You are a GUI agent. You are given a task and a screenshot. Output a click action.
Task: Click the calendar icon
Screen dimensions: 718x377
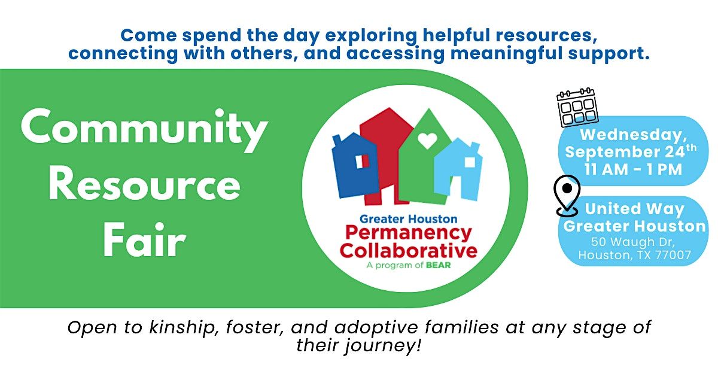[x=577, y=107]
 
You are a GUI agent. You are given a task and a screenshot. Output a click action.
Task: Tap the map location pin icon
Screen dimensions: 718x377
[x=567, y=196]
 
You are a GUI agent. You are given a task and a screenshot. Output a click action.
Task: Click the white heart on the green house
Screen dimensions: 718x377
[x=428, y=141]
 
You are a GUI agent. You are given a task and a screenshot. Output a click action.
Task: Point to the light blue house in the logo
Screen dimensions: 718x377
[x=458, y=170]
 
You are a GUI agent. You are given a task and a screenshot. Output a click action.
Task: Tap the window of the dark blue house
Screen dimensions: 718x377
[x=363, y=161]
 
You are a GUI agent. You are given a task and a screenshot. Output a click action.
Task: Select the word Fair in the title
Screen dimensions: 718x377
[x=145, y=240]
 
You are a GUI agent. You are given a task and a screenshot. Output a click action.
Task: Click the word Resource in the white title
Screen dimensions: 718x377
[x=144, y=186]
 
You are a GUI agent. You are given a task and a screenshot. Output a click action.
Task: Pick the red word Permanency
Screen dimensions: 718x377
[x=409, y=234]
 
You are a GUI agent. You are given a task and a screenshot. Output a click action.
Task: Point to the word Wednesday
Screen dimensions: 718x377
[x=634, y=135]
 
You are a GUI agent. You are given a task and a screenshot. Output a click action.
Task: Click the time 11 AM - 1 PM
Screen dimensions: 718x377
[x=634, y=169]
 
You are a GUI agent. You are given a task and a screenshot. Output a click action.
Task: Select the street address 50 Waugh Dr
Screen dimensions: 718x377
[x=633, y=242]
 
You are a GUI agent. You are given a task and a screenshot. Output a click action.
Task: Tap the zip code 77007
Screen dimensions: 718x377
[x=673, y=255]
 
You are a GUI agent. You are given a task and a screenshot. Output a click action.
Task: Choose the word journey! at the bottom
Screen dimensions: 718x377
[x=382, y=346]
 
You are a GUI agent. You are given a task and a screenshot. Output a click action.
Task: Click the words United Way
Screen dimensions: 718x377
[x=635, y=209]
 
